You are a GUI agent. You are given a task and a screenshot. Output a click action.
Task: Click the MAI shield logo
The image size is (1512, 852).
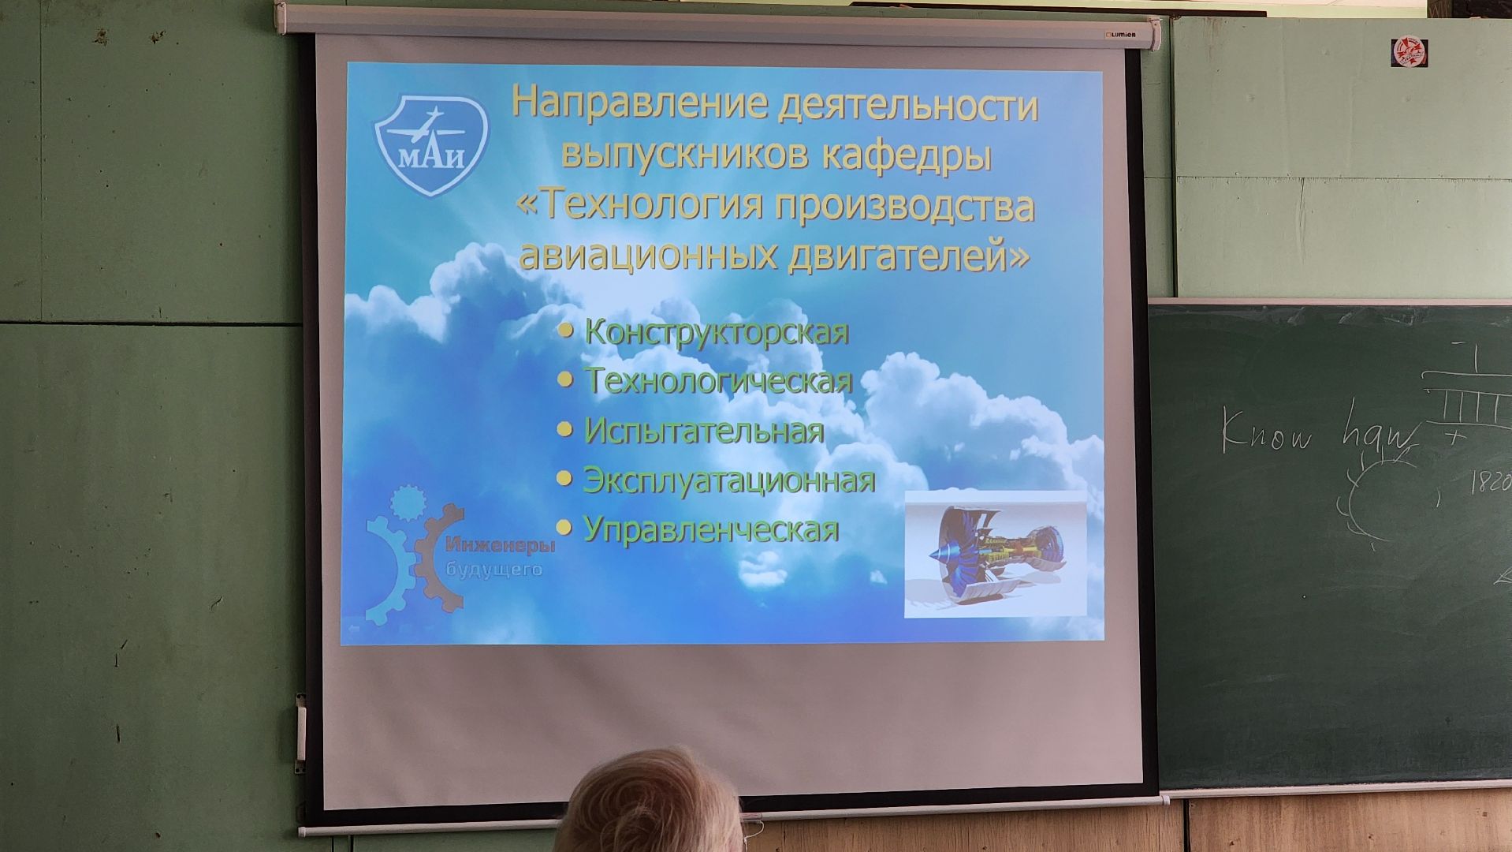[x=431, y=144]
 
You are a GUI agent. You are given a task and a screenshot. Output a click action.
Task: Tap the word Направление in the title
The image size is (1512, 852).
[x=639, y=103]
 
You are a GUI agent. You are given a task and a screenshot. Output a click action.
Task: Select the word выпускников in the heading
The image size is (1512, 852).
[x=684, y=154]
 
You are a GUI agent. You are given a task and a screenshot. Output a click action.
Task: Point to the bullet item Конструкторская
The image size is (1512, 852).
[x=717, y=332]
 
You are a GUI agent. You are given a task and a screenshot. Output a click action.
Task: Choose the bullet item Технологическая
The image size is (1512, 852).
[x=718, y=381]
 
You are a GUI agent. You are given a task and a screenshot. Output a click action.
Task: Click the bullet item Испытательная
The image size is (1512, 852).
[x=703, y=431]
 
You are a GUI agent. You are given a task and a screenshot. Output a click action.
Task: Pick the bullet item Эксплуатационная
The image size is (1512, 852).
[x=728, y=480]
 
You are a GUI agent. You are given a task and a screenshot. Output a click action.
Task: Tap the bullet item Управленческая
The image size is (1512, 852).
[x=710, y=529]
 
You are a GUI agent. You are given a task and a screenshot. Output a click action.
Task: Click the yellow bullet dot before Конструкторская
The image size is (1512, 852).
[x=564, y=331]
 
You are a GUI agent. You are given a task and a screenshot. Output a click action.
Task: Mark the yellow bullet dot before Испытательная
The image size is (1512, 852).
[x=564, y=430]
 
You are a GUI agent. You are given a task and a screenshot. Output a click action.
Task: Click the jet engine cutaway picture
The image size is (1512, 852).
[x=995, y=554]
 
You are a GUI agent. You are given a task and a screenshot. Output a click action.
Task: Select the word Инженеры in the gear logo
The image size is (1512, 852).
[x=500, y=545]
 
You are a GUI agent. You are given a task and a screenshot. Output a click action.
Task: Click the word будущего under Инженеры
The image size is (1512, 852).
[x=493, y=569]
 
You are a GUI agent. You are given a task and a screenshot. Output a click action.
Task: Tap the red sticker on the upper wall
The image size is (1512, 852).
[x=1409, y=53]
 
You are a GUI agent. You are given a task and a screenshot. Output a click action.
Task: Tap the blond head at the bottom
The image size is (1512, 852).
[x=650, y=805]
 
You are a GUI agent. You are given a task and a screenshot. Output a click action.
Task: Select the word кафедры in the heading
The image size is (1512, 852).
[x=906, y=154]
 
